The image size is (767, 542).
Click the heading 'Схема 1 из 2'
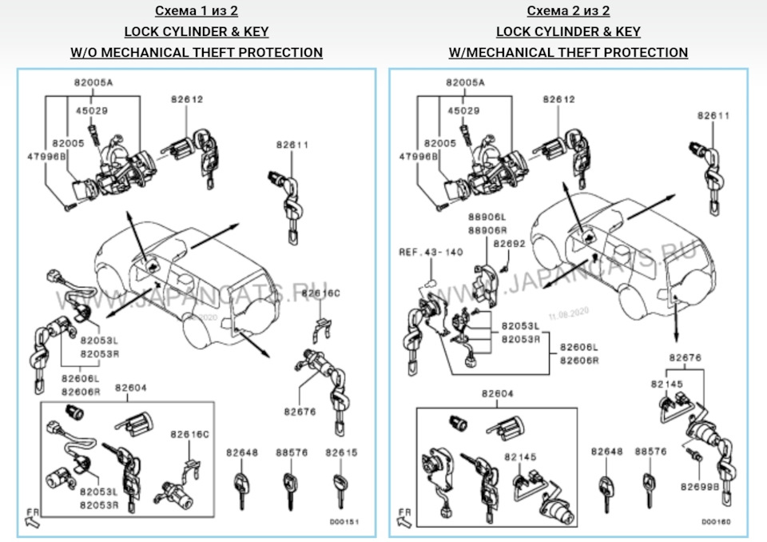(x=196, y=11)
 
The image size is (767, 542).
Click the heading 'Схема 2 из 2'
(x=568, y=11)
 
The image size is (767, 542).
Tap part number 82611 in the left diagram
(x=292, y=145)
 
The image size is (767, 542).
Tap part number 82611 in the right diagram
(x=713, y=115)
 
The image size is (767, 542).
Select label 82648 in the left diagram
(x=242, y=452)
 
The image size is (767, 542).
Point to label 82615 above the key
(x=341, y=452)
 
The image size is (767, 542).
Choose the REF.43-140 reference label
(x=431, y=252)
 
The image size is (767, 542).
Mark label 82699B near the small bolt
(x=700, y=485)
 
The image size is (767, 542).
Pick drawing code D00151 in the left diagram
(x=344, y=521)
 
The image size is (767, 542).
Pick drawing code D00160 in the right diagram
(x=717, y=521)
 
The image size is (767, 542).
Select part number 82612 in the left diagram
(x=187, y=99)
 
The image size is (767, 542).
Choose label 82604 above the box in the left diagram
(x=131, y=388)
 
